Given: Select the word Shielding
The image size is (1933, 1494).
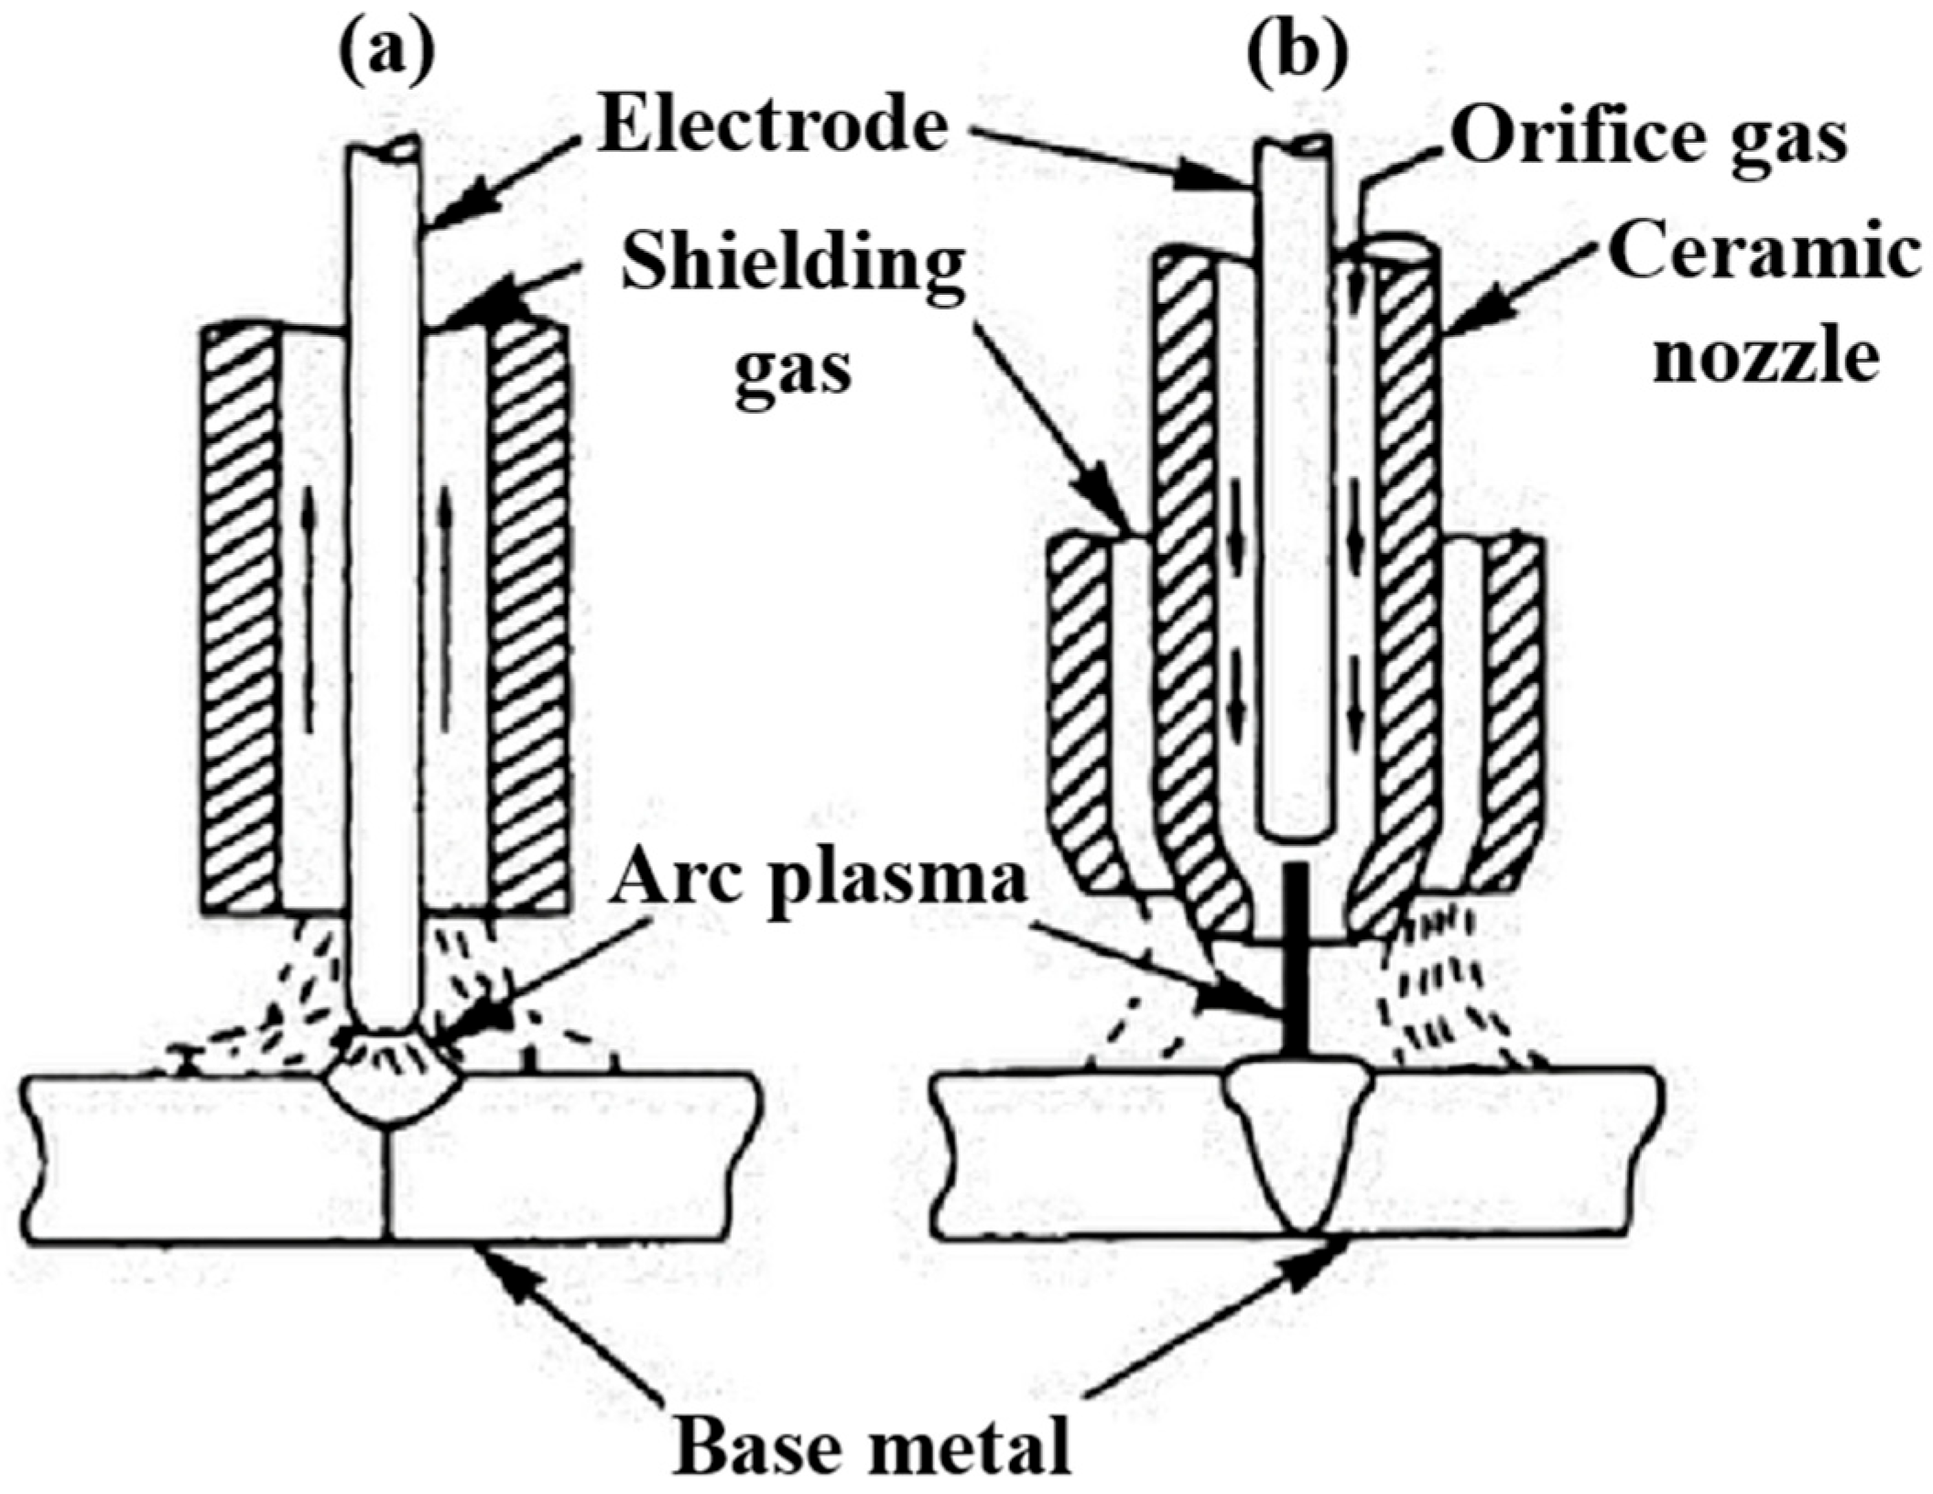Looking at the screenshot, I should [x=791, y=266].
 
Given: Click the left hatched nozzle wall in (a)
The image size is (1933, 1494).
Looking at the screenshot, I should [x=240, y=622].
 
